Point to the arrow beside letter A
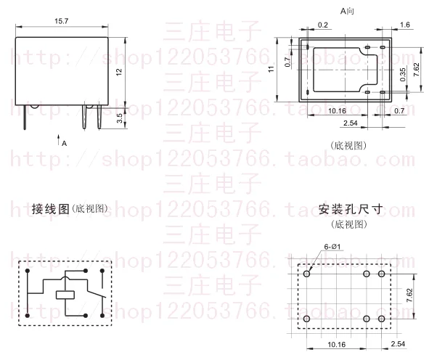pos(57,137)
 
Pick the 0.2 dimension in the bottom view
pos(322,24)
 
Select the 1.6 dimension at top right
pos(405,24)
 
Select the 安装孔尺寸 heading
pos(350,209)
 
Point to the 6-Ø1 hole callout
pos(332,247)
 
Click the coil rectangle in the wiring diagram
pos(65,295)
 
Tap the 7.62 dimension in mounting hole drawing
pos(409,295)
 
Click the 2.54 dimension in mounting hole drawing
pos(398,343)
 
